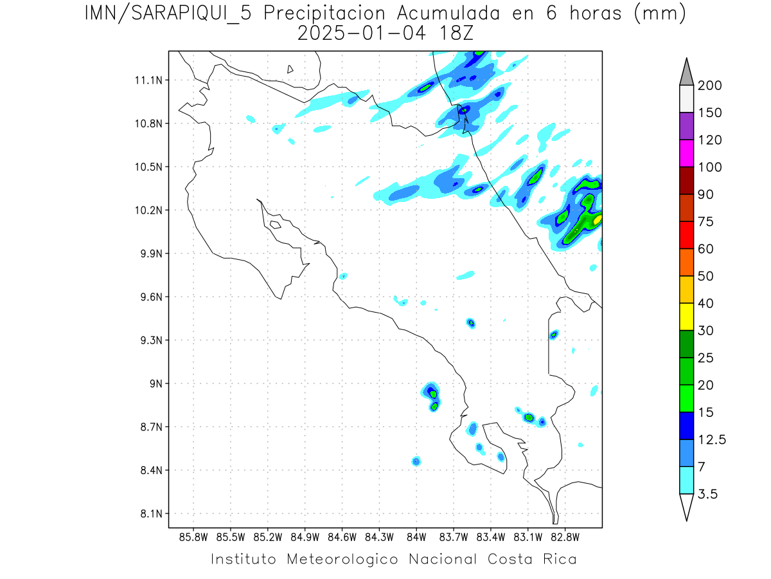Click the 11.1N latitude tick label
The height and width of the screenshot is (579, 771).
pyautogui.click(x=148, y=80)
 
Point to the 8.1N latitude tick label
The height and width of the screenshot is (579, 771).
pyautogui.click(x=150, y=514)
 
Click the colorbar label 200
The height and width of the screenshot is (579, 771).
pyautogui.click(x=710, y=86)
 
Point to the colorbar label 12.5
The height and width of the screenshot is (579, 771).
pyautogui.click(x=713, y=439)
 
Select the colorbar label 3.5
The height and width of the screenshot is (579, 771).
pyautogui.click(x=709, y=494)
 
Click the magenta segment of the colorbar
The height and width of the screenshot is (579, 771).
pyautogui.click(x=686, y=153)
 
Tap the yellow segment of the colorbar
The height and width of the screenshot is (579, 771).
pyautogui.click(x=686, y=317)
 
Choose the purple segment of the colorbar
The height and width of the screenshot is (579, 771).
pyautogui.click(x=686, y=126)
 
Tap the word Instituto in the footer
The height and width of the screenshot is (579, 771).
pyautogui.click(x=244, y=558)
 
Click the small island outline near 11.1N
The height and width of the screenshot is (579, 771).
pyautogui.click(x=290, y=69)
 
